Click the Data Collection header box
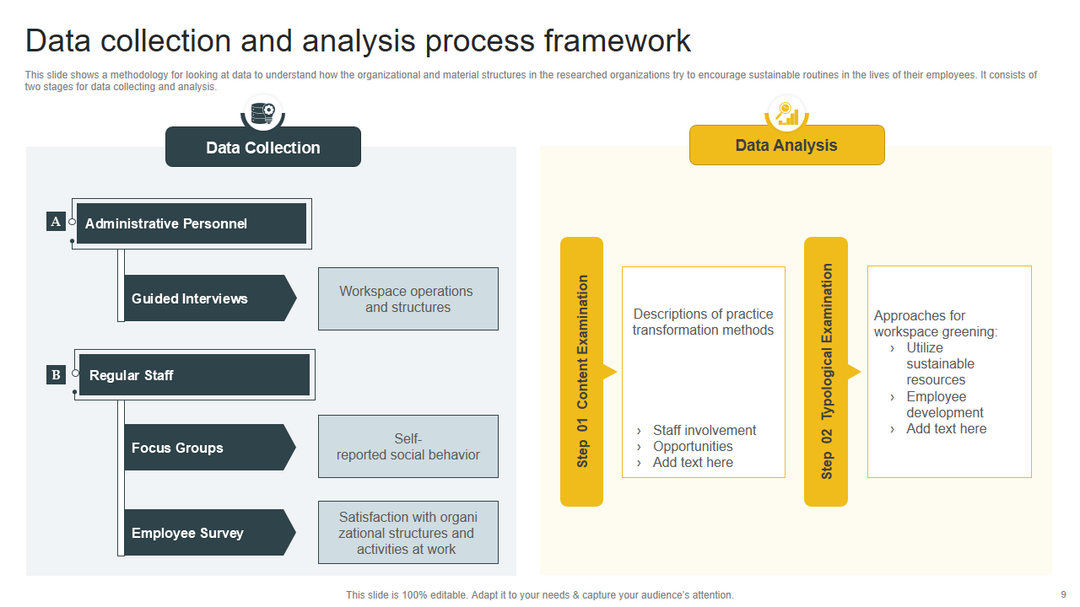pyautogui.click(x=263, y=148)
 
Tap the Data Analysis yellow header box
pyautogui.click(x=786, y=145)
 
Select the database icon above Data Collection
pyautogui.click(x=262, y=112)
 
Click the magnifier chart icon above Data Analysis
pyautogui.click(x=787, y=112)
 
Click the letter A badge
pyautogui.click(x=56, y=222)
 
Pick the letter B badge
pyautogui.click(x=56, y=374)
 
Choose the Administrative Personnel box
pyautogui.click(x=192, y=223)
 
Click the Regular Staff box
pyautogui.click(x=194, y=375)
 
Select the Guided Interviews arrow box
pyautogui.click(x=208, y=298)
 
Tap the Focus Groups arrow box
pyautogui.click(x=208, y=448)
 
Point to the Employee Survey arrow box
pyautogui.click(x=208, y=533)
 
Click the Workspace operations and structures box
pyautogui.click(x=408, y=299)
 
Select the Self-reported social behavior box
pyautogui.click(x=408, y=447)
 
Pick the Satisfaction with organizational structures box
pyautogui.click(x=408, y=533)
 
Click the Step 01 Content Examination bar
pyautogui.click(x=582, y=371)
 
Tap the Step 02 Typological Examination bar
pyautogui.click(x=826, y=371)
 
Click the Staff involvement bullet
pyautogui.click(x=704, y=430)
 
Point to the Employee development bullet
pyautogui.click(x=944, y=405)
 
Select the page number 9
pyautogui.click(x=1062, y=594)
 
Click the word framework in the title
pyautogui.click(x=617, y=40)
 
